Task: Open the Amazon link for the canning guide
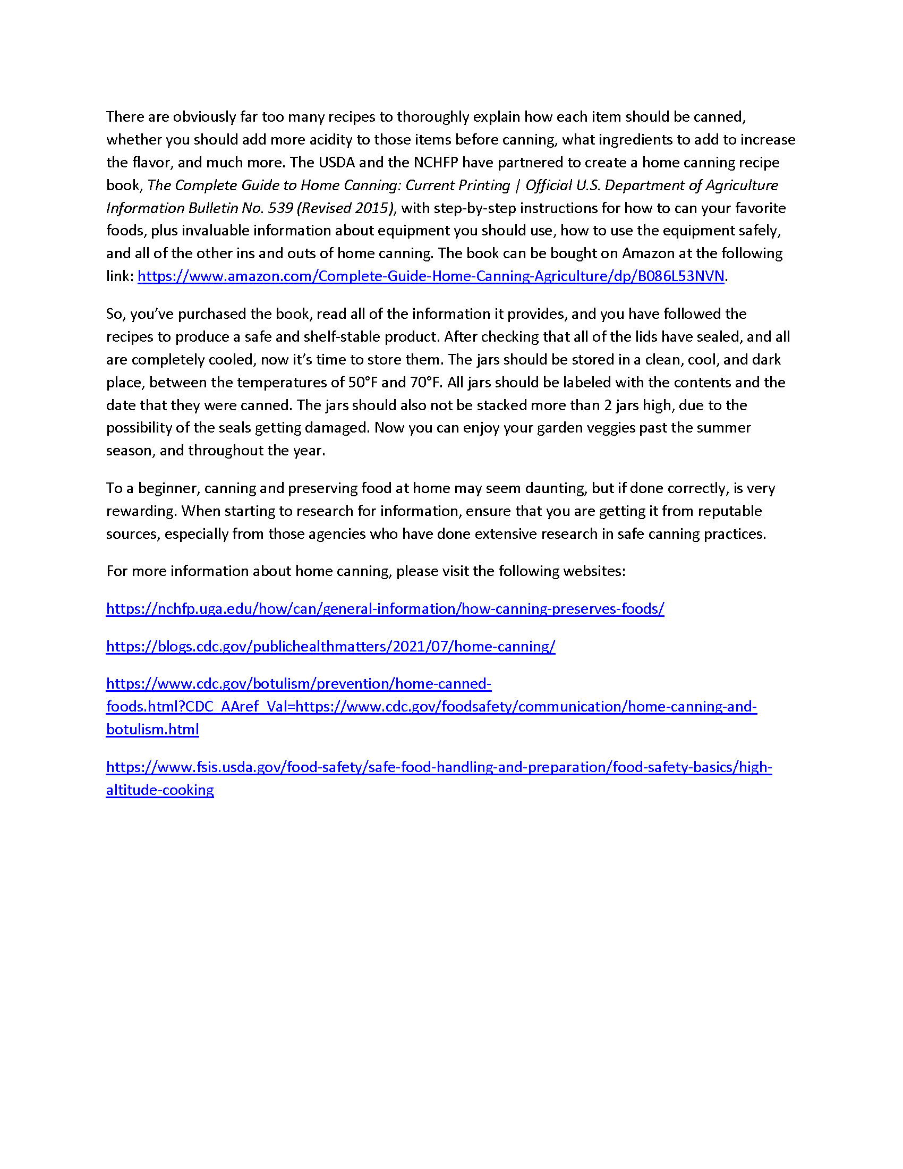(431, 276)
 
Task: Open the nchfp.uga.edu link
(385, 609)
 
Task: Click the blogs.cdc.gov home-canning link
(330, 647)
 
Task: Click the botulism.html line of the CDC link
(152, 730)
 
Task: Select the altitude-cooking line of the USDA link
(160, 790)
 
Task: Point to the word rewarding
(141, 511)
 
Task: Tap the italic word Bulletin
(213, 208)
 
